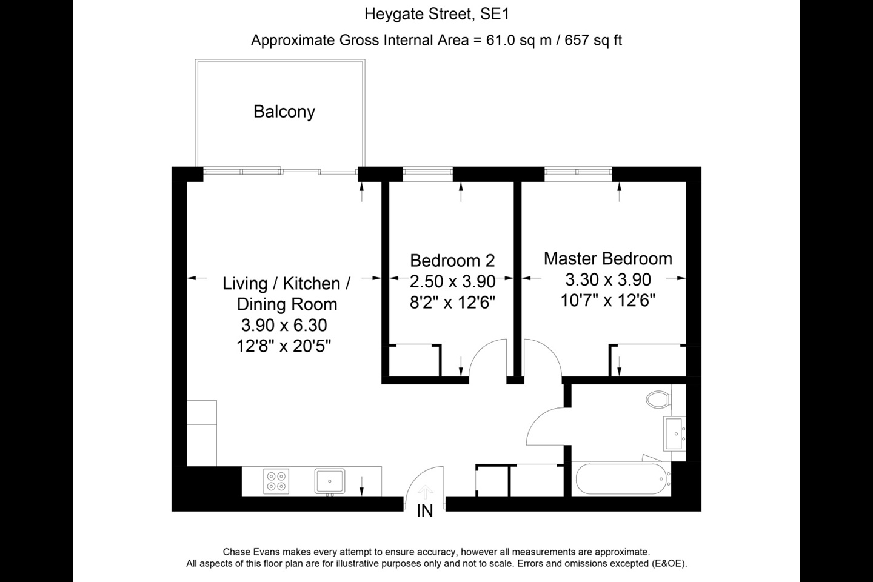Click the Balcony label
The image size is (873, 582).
284,112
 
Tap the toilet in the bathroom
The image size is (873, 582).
658,400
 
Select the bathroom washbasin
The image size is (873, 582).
675,434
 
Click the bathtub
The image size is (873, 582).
622,479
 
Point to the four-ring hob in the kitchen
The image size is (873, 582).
276,481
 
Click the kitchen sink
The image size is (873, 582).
330,481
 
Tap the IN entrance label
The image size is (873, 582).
425,512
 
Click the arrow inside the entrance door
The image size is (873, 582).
426,490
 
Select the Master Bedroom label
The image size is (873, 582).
607,259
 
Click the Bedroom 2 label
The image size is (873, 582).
452,261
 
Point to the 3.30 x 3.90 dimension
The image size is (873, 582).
607,279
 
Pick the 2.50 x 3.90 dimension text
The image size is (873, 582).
452,281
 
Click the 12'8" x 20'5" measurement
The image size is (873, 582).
284,347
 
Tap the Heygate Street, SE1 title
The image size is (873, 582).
436,14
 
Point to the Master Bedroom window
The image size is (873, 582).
578,174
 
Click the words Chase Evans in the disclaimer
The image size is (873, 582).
249,552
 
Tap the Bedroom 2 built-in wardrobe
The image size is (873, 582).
413,361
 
